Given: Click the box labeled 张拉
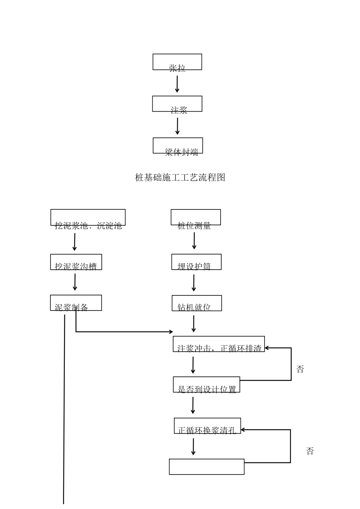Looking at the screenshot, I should (177, 62).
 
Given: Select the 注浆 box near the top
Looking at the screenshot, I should (177, 104).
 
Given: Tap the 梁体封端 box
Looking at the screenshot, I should (178, 146).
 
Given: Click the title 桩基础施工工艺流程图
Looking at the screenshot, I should (180, 177).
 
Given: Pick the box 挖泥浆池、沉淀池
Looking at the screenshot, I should (88, 218).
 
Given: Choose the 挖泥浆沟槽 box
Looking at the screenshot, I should (76, 262).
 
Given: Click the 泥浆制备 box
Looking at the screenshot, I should (76, 303).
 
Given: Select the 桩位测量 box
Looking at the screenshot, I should (196, 218).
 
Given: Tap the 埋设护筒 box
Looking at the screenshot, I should (196, 262).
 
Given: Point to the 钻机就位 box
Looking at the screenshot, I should (197, 303).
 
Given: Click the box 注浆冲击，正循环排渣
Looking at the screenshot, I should (219, 344).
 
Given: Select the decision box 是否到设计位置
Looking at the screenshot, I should (207, 385).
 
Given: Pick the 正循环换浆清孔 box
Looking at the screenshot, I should (207, 426).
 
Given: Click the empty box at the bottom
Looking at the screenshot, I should (207, 467).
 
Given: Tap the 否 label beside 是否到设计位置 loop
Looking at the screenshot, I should (300, 369).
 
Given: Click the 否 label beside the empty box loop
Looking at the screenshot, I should (310, 451).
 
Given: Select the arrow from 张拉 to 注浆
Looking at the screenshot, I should (177, 84).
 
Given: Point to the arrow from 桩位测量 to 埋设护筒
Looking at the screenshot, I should (194, 241).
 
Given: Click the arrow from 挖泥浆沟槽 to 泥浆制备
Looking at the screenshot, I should (75, 282).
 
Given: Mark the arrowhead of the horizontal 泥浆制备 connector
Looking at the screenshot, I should (171, 332).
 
